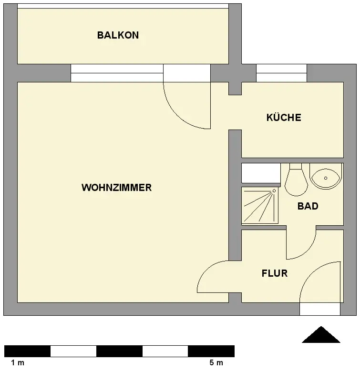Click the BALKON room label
[x=118, y=35]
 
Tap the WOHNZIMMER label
[x=116, y=188]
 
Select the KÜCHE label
[x=284, y=118]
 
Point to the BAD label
[x=308, y=206]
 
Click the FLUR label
[x=275, y=273]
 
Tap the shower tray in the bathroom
[x=259, y=205]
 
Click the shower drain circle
[x=274, y=191]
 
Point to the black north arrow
[x=321, y=335]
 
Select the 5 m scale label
[x=216, y=363]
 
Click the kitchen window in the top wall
[x=281, y=73]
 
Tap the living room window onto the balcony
[x=117, y=73]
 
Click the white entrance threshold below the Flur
[x=319, y=309]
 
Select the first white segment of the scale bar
[x=73, y=351]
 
